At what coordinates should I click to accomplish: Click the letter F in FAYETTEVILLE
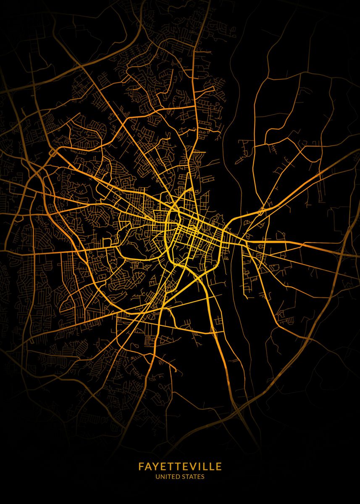[x=141, y=467]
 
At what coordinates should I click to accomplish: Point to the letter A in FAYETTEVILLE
[x=148, y=467]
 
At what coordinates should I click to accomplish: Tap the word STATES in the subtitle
[x=193, y=477]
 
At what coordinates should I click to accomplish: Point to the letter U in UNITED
[x=158, y=477]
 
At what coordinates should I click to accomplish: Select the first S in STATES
[x=183, y=477]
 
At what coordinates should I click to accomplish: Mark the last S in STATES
[x=203, y=477]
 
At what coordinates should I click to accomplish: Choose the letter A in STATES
[x=191, y=477]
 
